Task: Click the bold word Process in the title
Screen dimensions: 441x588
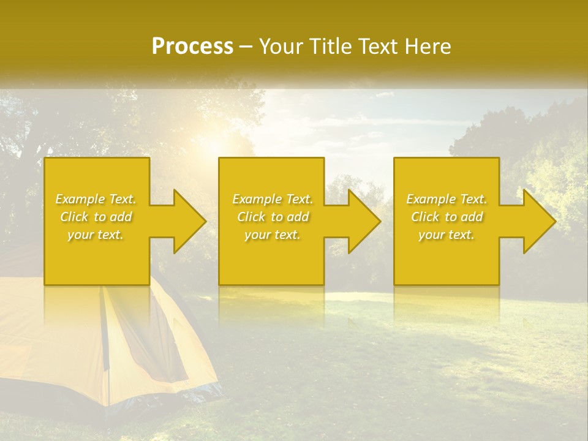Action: point(192,47)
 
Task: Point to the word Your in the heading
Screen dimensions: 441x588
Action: point(281,47)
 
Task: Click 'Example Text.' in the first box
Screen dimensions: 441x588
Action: point(96,199)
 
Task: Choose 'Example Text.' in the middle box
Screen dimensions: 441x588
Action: point(273,199)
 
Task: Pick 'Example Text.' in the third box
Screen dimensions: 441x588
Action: point(447,199)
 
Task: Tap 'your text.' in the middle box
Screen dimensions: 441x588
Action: point(273,235)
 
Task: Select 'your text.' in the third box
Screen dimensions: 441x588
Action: point(447,235)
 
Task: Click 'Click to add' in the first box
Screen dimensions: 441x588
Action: point(96,217)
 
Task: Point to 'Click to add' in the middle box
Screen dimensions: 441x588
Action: point(273,217)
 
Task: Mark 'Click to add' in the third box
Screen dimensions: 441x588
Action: point(447,217)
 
